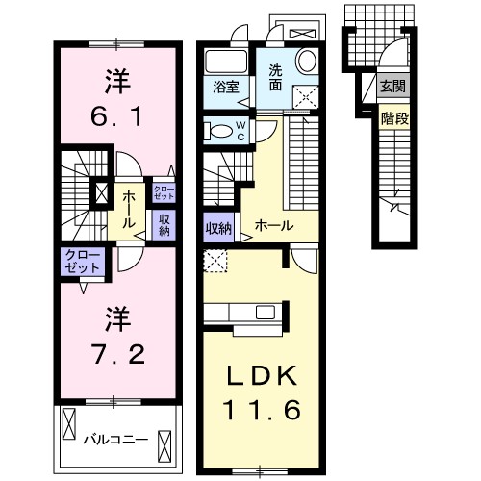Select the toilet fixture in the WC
(219, 132)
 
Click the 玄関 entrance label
(392, 88)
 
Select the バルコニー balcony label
(114, 440)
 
